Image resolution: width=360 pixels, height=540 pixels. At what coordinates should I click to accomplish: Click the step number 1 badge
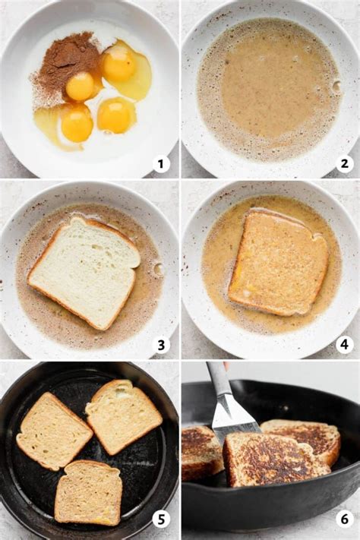click(160, 163)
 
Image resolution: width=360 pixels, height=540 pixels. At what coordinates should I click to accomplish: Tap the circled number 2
click(344, 163)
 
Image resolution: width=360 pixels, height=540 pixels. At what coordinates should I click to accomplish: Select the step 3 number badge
click(160, 345)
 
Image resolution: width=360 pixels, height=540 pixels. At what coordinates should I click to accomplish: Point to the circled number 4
click(344, 345)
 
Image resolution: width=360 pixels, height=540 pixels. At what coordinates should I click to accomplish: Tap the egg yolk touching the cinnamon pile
click(80, 87)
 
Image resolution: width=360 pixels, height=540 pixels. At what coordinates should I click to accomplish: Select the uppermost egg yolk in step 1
click(119, 65)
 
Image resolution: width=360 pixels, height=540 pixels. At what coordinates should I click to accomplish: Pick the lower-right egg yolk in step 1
click(116, 115)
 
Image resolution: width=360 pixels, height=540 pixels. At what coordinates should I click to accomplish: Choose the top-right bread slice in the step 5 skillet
click(123, 415)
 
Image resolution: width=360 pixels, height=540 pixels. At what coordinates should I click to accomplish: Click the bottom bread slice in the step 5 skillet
click(89, 492)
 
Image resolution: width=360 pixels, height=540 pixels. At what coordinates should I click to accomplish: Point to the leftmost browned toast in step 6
click(201, 453)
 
